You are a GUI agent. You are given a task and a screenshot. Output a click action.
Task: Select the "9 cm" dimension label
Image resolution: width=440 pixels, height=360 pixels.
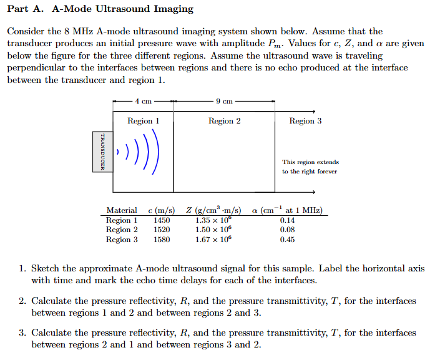click(224, 101)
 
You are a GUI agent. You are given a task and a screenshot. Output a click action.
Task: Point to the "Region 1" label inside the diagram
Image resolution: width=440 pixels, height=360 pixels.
click(143, 121)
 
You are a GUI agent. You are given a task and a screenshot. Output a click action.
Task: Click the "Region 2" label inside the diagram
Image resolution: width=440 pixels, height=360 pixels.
click(224, 121)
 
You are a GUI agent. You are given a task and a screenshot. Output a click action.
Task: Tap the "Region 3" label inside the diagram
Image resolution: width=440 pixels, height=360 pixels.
click(305, 121)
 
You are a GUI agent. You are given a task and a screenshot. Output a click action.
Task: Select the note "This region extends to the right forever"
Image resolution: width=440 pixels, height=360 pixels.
click(310, 167)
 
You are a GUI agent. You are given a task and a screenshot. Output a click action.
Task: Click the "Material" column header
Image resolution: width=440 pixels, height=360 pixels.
click(121, 210)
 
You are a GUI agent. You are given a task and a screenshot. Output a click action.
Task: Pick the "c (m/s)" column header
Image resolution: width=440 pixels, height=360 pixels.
click(161, 210)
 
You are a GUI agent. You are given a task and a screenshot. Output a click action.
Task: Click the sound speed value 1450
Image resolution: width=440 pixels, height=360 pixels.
click(162, 220)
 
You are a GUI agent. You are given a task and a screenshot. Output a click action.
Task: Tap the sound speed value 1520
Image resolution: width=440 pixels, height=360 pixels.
click(162, 230)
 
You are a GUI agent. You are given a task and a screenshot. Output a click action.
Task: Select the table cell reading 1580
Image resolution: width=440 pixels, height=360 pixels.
click(162, 240)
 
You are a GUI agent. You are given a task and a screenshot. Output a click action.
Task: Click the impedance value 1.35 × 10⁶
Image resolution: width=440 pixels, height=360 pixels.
click(213, 220)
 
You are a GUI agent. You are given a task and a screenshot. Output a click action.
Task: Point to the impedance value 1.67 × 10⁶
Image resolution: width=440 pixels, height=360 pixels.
click(213, 239)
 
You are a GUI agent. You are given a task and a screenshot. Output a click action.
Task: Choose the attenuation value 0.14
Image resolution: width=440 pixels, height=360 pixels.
click(287, 220)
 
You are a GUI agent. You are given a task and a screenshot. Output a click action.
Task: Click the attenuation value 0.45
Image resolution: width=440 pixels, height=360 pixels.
click(287, 240)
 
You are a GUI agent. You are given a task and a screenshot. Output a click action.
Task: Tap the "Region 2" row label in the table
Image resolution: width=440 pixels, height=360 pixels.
click(122, 230)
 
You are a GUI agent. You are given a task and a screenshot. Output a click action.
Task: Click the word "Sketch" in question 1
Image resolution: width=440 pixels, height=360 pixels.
click(45, 269)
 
